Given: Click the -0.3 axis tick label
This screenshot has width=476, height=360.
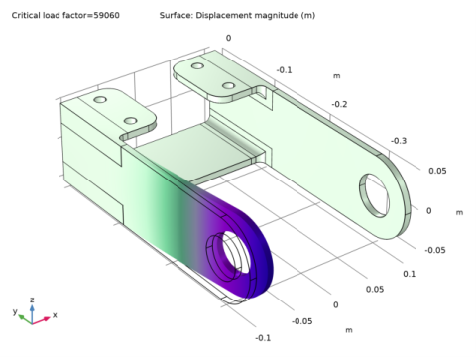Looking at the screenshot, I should click(398, 141).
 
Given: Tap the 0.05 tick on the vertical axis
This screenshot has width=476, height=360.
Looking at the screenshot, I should click(437, 170).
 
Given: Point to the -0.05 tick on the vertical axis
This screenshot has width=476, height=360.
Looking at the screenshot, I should click(435, 250).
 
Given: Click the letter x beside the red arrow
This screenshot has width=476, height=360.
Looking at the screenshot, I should click(54, 315).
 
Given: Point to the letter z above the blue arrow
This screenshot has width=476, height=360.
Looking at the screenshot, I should click(32, 299).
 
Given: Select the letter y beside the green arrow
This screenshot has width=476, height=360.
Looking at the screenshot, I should click(15, 311).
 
